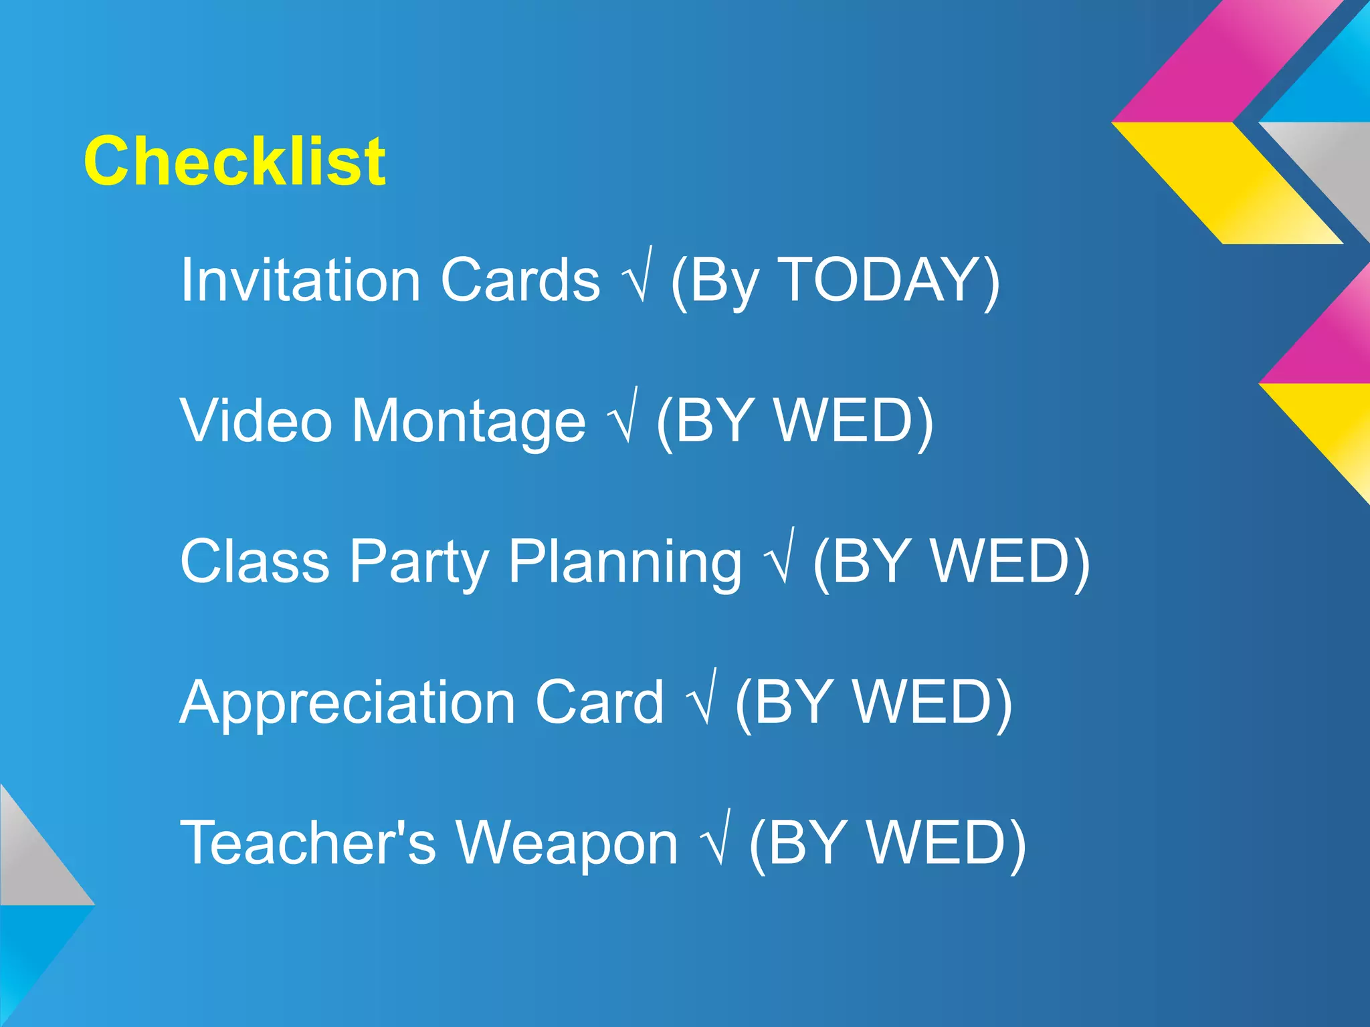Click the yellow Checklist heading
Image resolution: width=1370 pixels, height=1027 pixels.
click(x=234, y=161)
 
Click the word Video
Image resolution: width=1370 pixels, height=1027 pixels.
click(x=256, y=421)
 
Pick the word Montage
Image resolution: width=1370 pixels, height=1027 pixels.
click(x=468, y=421)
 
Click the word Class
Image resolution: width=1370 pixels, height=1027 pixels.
click(x=254, y=561)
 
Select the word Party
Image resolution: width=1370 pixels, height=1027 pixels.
click(x=419, y=562)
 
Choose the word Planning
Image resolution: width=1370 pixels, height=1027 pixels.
click(x=625, y=562)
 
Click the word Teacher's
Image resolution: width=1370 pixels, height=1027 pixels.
click(x=308, y=842)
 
